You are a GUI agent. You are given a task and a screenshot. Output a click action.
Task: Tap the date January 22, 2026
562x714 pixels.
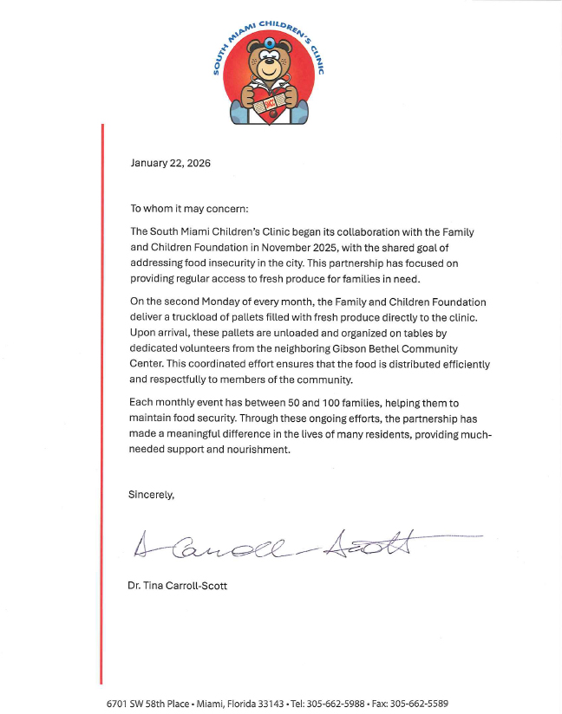tap(170, 163)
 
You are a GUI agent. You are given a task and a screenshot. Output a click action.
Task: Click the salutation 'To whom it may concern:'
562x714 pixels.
tap(189, 209)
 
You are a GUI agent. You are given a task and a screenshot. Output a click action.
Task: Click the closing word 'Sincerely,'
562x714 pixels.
tap(152, 495)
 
